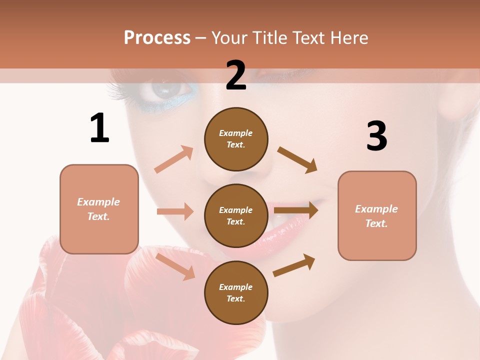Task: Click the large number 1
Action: pos(99,128)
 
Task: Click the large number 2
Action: pos(236,75)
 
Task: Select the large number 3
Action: pos(376,136)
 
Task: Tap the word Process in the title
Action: pos(157,37)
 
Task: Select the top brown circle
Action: pos(236,139)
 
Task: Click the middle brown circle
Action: pos(236,215)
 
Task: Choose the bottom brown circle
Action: pos(236,292)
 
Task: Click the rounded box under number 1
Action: pos(99,209)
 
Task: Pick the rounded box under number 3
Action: pos(377,215)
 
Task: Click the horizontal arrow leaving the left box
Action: pos(175,211)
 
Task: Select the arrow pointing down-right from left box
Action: pos(175,266)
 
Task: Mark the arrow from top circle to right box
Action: pos(297,160)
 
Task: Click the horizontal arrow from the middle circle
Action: pos(296,210)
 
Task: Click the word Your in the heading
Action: pos(229,37)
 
